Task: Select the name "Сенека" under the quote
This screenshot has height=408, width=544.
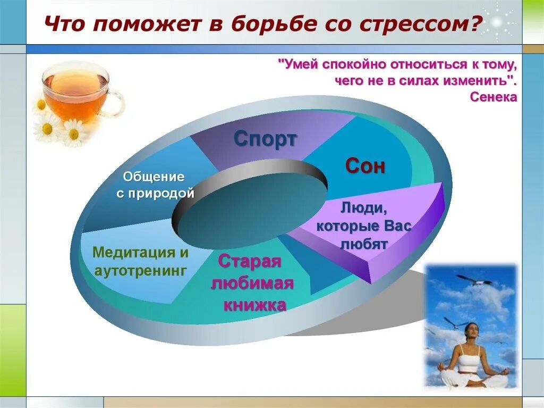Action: [x=494, y=97]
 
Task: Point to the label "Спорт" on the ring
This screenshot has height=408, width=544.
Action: [x=265, y=139]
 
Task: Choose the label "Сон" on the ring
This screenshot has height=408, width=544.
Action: [x=365, y=166]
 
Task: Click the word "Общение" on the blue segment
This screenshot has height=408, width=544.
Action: [x=154, y=177]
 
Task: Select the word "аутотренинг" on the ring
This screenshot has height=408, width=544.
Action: [x=140, y=271]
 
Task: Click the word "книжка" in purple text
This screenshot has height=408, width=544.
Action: [x=254, y=305]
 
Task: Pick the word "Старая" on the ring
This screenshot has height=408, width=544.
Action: [x=249, y=262]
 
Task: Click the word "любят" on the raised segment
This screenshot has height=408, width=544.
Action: [x=364, y=244]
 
